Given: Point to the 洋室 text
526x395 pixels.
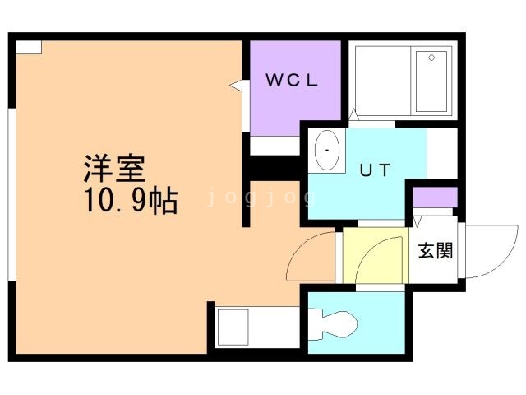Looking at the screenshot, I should (113, 169).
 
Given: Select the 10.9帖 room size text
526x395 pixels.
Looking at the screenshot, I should (129, 200).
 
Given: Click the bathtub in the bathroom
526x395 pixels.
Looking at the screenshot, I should (432, 81).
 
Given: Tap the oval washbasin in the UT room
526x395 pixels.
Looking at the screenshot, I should (329, 151).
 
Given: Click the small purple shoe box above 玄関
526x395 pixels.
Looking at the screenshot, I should (435, 198).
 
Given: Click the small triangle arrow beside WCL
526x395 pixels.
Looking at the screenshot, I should (235, 85).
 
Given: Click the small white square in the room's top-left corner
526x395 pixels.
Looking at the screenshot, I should (29, 46).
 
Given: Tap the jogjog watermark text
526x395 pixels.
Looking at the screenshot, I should (261, 197).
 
